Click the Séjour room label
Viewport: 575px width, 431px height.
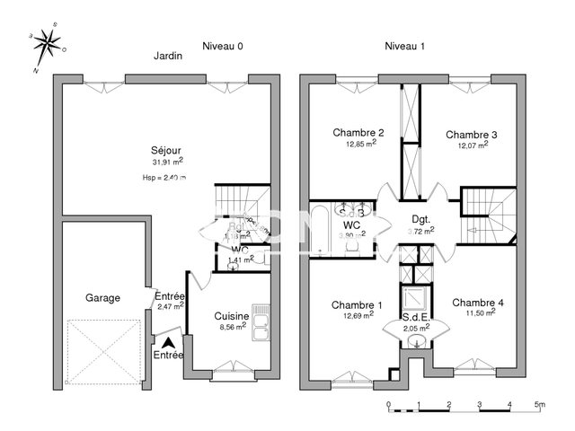167,150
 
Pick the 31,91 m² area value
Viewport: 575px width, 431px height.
167,162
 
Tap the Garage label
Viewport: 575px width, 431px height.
102,297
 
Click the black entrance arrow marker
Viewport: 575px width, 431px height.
168,341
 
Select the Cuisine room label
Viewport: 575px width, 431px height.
232,316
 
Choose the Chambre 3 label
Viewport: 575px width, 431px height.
472,135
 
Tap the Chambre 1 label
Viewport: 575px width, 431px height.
357,303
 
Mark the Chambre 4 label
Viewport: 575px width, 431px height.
477,303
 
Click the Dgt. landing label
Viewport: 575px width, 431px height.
420,218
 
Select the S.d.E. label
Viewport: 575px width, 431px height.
415,317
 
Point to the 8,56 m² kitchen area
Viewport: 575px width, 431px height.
232,329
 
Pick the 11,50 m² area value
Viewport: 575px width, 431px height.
477,314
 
